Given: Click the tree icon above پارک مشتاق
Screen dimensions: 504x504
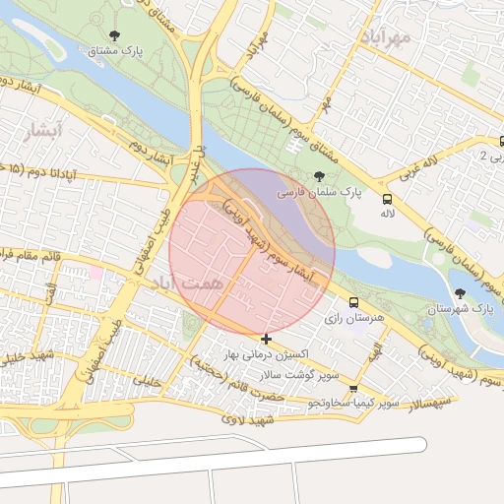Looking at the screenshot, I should (114, 36).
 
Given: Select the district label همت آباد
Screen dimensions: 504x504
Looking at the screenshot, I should (172, 283).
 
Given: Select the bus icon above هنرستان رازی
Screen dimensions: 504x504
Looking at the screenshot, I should (353, 302).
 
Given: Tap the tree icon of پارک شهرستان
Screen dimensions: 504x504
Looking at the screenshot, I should (460, 292).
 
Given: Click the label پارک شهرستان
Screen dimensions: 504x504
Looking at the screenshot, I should (460, 309).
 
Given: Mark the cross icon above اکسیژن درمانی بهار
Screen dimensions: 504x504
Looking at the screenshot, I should (267, 339).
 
